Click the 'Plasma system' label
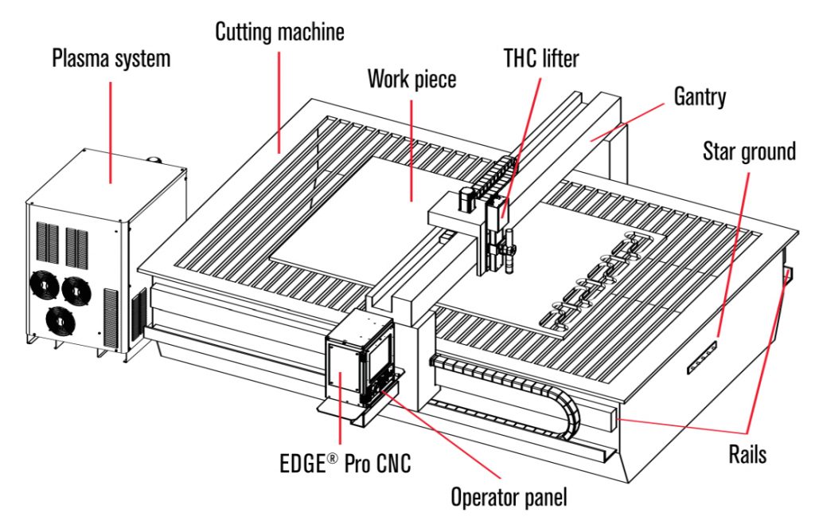111,59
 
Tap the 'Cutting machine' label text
280,33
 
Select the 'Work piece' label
411,79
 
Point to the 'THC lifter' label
541,58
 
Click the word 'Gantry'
700,97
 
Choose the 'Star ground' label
749,151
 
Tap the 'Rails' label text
747,454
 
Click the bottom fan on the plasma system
61,319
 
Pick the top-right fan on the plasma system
77,288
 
